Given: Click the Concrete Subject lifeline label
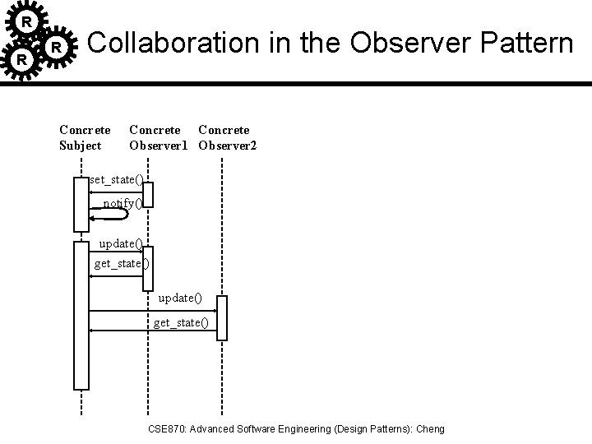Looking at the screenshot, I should (x=85, y=137).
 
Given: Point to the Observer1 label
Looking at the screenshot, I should (x=160, y=146).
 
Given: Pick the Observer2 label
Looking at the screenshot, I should (x=228, y=146).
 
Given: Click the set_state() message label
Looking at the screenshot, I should (x=117, y=180).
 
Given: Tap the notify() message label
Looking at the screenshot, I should (x=123, y=203).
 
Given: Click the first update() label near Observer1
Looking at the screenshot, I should (x=121, y=243).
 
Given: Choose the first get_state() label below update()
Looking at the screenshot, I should (x=123, y=264).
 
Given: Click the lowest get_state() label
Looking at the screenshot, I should (x=181, y=322).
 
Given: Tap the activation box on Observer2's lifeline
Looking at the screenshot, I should (x=221, y=317).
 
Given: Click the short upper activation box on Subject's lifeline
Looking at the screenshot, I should (x=81, y=204).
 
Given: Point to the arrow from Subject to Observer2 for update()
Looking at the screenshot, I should (x=152, y=310).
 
